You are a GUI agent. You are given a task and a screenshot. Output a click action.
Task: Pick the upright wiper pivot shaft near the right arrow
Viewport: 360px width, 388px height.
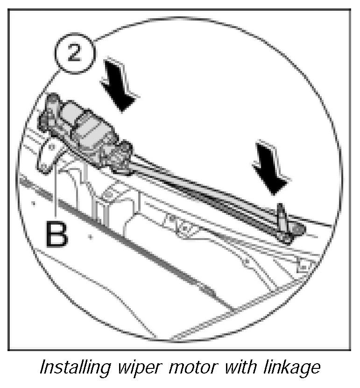pyautogui.click(x=282, y=215)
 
